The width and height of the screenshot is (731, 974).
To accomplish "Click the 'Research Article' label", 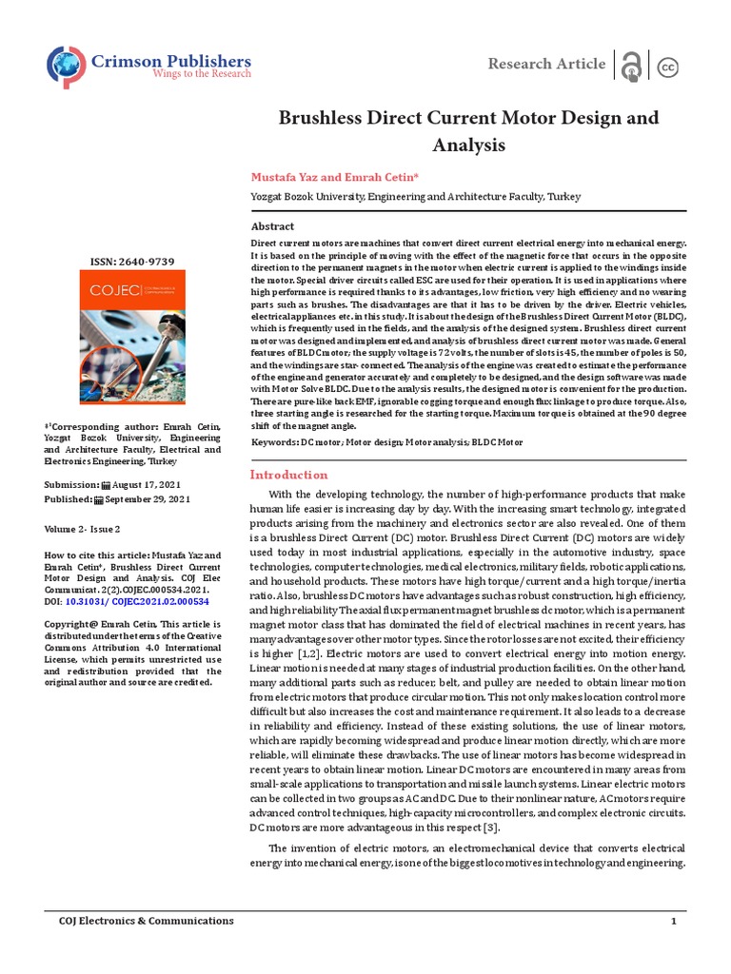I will tap(545, 64).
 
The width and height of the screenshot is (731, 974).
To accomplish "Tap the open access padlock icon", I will tap(630, 65).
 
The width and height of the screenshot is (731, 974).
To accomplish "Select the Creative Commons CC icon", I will tap(668, 66).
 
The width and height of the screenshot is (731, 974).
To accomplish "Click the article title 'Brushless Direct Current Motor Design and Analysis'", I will tap(467, 132).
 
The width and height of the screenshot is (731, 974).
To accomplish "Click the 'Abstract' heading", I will tap(272, 226).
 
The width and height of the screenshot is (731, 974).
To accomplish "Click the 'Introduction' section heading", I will tap(287, 475).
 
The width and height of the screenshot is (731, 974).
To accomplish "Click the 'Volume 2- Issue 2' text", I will tap(83, 528).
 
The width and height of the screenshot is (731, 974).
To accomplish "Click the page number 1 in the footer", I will tap(674, 921).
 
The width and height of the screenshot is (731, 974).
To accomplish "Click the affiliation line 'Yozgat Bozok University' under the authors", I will tap(414, 197).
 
